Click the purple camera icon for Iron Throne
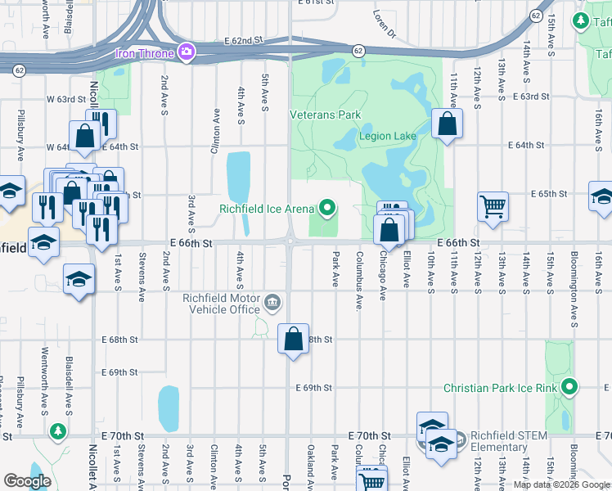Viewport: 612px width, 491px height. (x=187, y=53)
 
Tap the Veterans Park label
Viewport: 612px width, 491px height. (x=325, y=115)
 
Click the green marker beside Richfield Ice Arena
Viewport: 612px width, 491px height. (x=328, y=209)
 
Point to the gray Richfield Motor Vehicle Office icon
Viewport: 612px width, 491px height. (x=272, y=304)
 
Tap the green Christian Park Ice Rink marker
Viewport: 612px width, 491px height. (x=569, y=387)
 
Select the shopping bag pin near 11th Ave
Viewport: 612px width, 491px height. (x=447, y=126)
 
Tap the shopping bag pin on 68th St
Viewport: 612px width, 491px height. (x=293, y=338)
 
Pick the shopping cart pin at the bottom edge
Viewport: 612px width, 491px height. (x=372, y=481)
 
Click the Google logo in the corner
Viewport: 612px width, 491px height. (x=27, y=481)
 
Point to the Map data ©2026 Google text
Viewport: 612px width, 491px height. (x=561, y=484)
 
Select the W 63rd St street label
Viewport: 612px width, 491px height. (x=65, y=98)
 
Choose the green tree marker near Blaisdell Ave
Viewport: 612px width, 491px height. (x=57, y=430)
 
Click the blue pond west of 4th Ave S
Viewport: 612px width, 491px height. (x=237, y=174)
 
